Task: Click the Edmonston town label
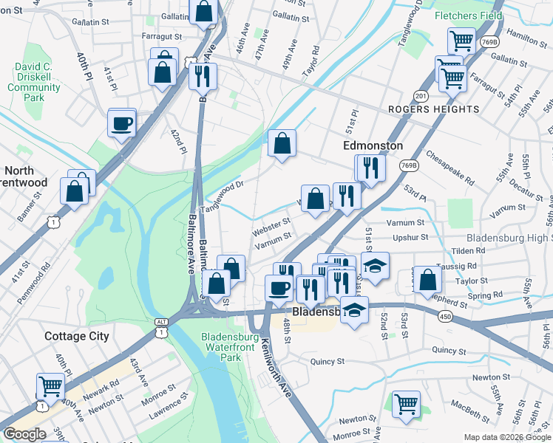pyautogui.click(x=373, y=146)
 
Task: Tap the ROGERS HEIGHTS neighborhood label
pyautogui.click(x=434, y=109)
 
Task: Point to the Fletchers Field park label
pyautogui.click(x=468, y=16)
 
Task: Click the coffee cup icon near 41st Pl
pyautogui.click(x=122, y=123)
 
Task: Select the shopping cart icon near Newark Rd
pyautogui.click(x=50, y=385)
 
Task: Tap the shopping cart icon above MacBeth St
pyautogui.click(x=406, y=403)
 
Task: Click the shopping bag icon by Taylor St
pyautogui.click(x=428, y=279)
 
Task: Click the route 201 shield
pyautogui.click(x=421, y=96)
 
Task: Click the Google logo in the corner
pyautogui.click(x=24, y=434)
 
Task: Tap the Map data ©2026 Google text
pyautogui.click(x=507, y=437)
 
